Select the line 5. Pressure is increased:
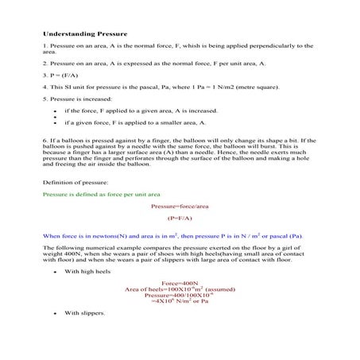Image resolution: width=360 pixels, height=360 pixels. (77, 99)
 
